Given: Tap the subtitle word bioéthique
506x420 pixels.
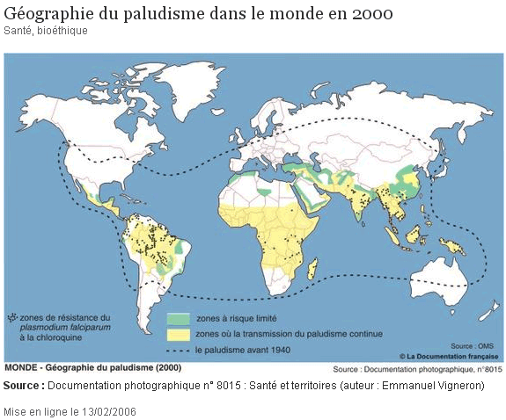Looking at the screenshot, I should [x=62, y=31].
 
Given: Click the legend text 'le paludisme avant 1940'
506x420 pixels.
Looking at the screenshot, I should [x=241, y=350].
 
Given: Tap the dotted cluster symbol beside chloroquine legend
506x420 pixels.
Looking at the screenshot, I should [x=11, y=317].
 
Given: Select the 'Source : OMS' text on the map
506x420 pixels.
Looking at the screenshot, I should [x=473, y=346].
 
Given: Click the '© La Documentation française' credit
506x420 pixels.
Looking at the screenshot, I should [x=449, y=356].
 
